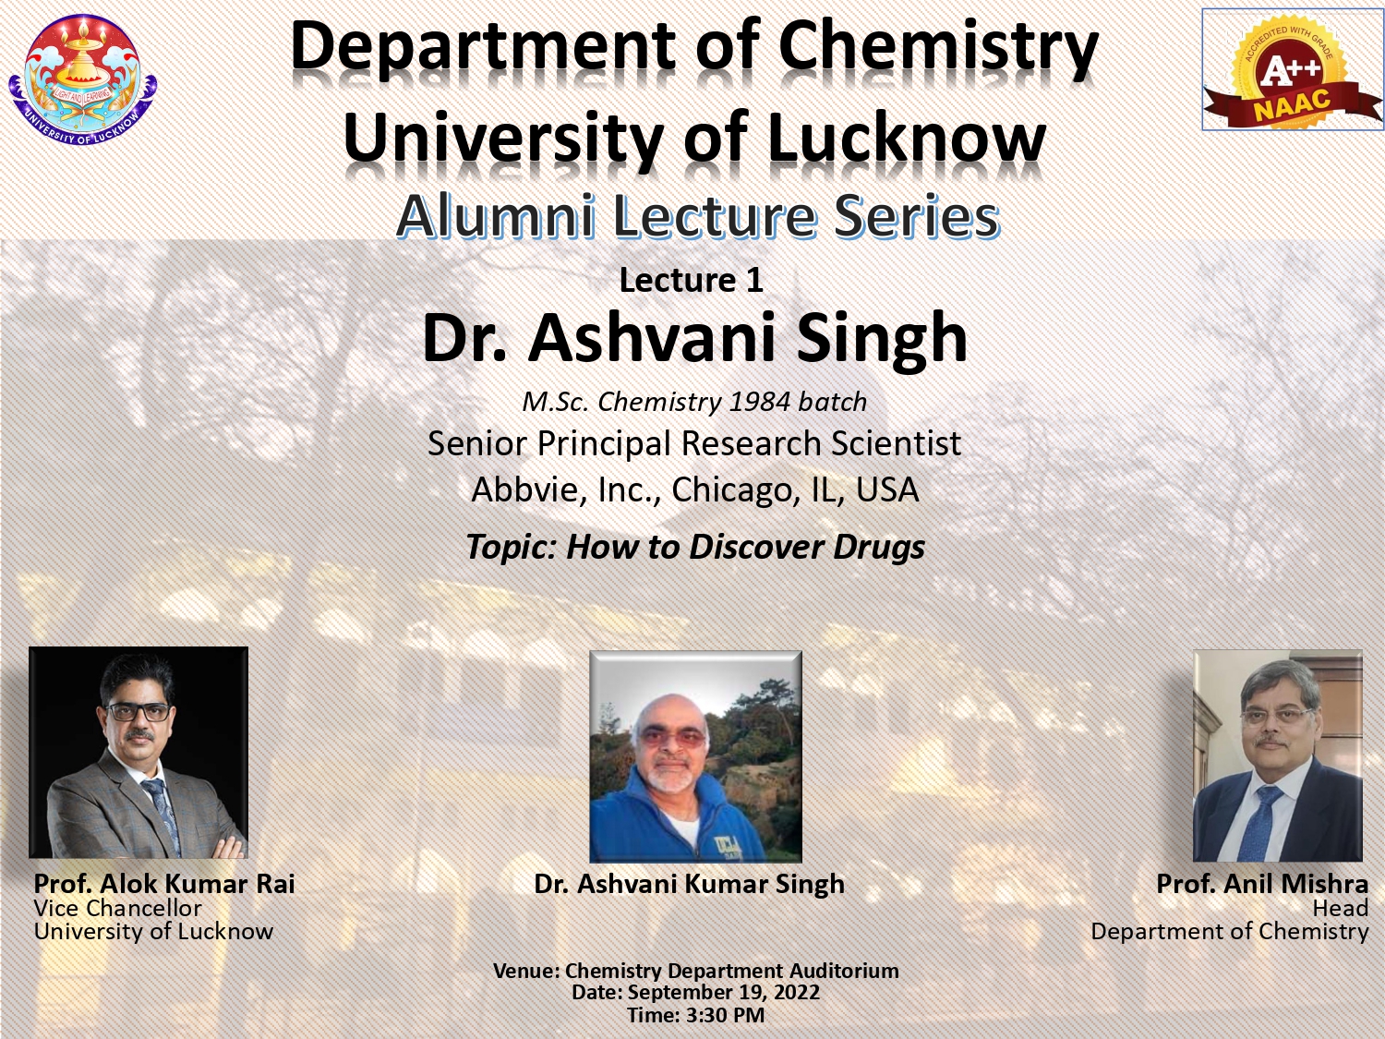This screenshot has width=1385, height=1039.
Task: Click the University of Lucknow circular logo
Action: coord(83,80)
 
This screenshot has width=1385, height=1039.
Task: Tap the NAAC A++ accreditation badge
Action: coord(1293,69)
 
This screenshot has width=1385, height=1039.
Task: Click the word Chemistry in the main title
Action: coord(939,49)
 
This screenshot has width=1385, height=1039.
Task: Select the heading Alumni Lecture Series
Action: coord(698,216)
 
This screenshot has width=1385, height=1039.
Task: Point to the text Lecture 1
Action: coord(692,280)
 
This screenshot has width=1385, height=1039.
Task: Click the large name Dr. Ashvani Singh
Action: coord(694,339)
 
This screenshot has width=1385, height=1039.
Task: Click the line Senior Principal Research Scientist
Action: coord(694,443)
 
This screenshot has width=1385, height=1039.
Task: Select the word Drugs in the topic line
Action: coord(879,547)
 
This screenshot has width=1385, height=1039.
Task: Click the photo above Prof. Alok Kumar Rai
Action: coord(138,753)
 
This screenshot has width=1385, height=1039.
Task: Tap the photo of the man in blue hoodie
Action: coord(695,756)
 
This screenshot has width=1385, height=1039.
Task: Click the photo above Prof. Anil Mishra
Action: coord(1278,755)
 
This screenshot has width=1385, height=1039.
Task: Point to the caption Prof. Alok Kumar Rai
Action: coord(164,884)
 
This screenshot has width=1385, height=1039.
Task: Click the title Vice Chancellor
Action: coord(118,908)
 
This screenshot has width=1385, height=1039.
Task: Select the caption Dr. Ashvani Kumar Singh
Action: coord(689,885)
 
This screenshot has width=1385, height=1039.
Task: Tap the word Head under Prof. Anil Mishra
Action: coord(1340,909)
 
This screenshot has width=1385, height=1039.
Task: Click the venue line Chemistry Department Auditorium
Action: coord(732,971)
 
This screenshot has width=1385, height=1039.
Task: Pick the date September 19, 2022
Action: coord(723,992)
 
